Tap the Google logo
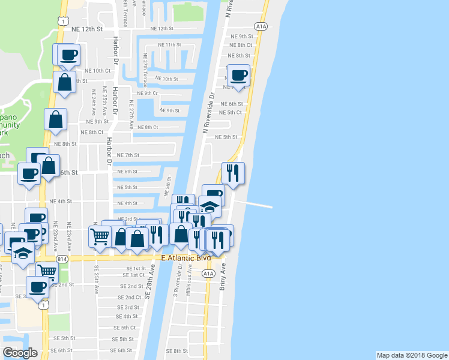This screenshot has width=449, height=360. [x=20, y=353]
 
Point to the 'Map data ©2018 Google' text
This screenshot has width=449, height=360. [x=411, y=355]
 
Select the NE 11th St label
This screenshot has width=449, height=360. [x=169, y=45]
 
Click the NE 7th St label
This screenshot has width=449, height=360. [x=128, y=155]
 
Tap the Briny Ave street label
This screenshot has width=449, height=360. [x=222, y=275]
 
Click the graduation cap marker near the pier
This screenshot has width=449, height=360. [x=209, y=206]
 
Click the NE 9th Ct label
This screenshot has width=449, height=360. [x=146, y=93]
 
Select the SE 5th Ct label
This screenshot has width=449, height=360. [x=125, y=328]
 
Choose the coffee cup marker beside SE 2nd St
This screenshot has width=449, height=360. [x=37, y=287]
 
